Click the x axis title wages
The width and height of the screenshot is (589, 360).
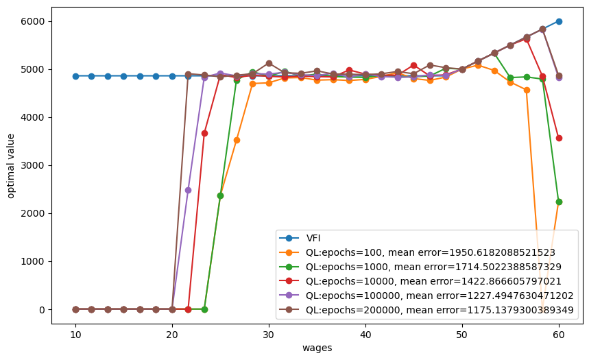[x=317, y=348]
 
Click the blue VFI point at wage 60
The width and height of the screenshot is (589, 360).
[x=559, y=21]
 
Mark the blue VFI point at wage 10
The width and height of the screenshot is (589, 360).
[x=75, y=76]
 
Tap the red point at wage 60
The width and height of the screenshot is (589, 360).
[x=559, y=138]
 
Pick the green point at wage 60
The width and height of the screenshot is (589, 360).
[x=559, y=202]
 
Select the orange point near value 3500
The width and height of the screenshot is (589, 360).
[x=237, y=140]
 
